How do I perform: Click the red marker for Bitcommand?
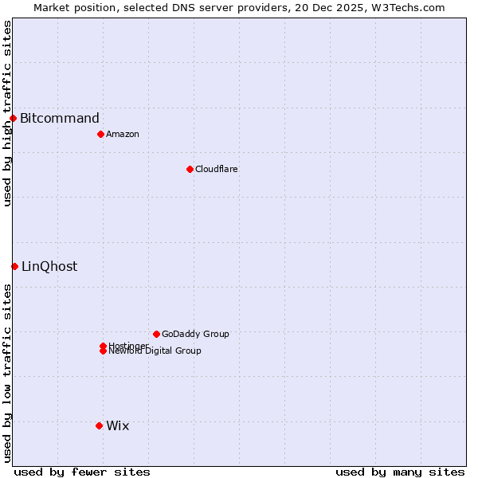click(x=13, y=119)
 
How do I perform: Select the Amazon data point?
click(x=100, y=134)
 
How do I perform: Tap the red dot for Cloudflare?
click(x=190, y=169)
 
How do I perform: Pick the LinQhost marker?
click(x=14, y=266)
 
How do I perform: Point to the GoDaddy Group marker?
click(x=156, y=334)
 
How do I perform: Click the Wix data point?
click(x=99, y=425)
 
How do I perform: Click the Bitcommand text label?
click(x=60, y=119)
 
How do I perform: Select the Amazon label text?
click(x=123, y=134)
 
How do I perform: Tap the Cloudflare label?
click(x=217, y=169)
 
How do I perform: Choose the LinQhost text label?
click(x=49, y=266)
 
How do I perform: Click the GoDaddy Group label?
click(x=195, y=334)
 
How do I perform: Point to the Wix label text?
click(x=117, y=425)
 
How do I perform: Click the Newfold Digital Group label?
click(x=155, y=351)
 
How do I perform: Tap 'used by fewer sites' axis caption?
click(x=82, y=472)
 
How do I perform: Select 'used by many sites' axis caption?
click(x=400, y=472)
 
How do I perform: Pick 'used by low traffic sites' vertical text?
click(x=7, y=373)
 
